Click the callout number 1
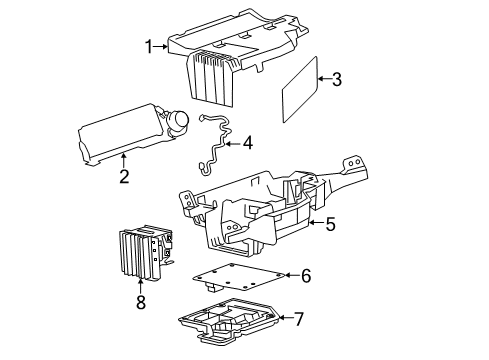click(x=149, y=47)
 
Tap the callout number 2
click(x=124, y=176)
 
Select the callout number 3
click(x=337, y=79)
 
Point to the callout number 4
click(x=248, y=143)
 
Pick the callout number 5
click(x=330, y=224)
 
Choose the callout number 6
click(x=306, y=275)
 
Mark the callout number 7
click(x=299, y=319)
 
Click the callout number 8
click(x=141, y=302)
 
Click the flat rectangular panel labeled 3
click(x=300, y=89)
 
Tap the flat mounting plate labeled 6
click(x=239, y=277)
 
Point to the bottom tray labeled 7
click(x=229, y=320)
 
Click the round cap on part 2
click(x=178, y=122)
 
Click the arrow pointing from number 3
click(x=324, y=79)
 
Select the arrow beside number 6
click(x=293, y=275)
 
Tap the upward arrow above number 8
click(x=140, y=287)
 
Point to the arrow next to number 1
click(x=161, y=47)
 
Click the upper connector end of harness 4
click(x=201, y=118)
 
